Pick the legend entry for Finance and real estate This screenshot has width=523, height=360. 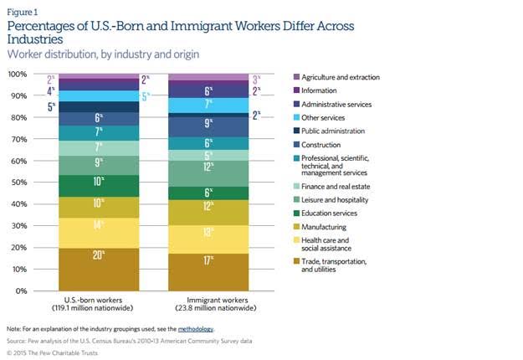[341, 185]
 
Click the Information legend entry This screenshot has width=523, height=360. [326, 90]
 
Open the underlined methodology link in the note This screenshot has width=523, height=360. [195, 329]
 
